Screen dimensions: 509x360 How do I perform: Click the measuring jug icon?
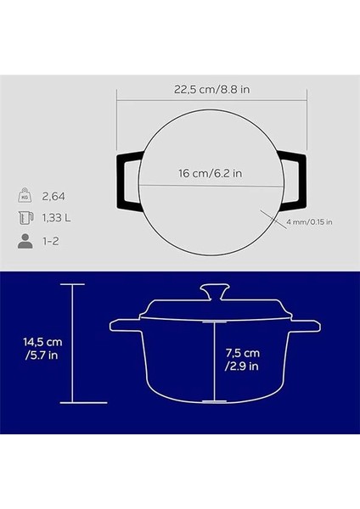(x=26, y=218)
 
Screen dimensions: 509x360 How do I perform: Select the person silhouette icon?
(x=26, y=241)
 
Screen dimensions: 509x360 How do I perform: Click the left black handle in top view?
(x=127, y=179)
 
